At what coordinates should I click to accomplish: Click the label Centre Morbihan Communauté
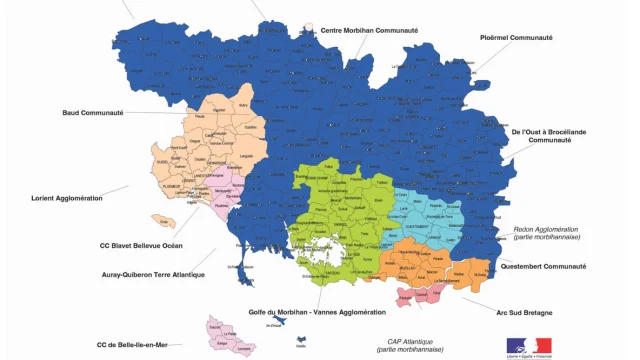369,30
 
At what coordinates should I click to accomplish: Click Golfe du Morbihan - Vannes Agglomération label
316,312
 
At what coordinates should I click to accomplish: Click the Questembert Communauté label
546,267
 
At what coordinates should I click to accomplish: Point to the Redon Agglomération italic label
548,233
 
